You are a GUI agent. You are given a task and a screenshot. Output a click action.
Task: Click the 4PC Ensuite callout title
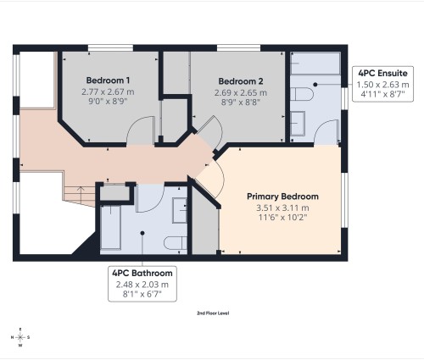[381, 74]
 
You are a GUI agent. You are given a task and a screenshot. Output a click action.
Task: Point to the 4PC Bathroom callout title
[142, 274]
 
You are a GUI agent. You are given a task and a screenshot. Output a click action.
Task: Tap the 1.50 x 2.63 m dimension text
[381, 85]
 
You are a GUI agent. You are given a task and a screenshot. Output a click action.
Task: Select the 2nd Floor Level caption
[213, 313]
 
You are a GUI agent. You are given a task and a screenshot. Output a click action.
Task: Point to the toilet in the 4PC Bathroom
[175, 241]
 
